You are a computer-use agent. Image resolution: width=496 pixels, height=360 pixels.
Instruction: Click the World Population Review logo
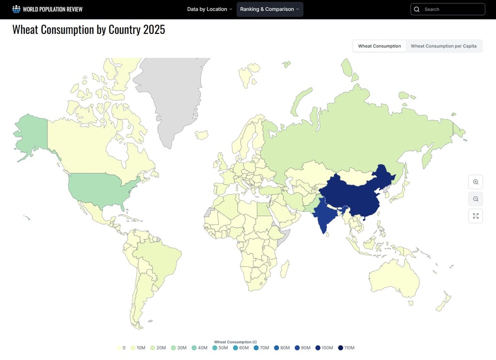[x=47, y=9]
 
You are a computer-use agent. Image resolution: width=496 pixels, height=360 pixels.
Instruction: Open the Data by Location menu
[x=210, y=9]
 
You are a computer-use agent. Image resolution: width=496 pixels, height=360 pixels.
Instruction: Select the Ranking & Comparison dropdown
[x=270, y=9]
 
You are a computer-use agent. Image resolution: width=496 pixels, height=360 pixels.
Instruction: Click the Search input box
[x=452, y=9]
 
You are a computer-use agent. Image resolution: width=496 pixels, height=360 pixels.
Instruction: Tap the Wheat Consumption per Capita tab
[x=443, y=46]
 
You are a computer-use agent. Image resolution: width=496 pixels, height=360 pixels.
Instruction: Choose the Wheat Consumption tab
[x=379, y=46]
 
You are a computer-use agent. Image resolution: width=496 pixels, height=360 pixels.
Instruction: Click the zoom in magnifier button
[x=476, y=182]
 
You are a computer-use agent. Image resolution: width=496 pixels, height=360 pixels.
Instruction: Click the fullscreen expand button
[x=476, y=216]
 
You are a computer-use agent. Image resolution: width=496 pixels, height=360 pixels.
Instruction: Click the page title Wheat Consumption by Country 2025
[x=89, y=30]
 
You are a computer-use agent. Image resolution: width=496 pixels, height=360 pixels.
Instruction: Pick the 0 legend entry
[x=121, y=348]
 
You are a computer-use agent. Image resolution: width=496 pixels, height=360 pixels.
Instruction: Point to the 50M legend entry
[x=220, y=348]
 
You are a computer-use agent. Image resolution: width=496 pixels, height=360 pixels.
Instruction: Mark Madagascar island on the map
[x=285, y=269]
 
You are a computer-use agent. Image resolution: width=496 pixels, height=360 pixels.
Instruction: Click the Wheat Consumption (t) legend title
[x=235, y=342]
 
